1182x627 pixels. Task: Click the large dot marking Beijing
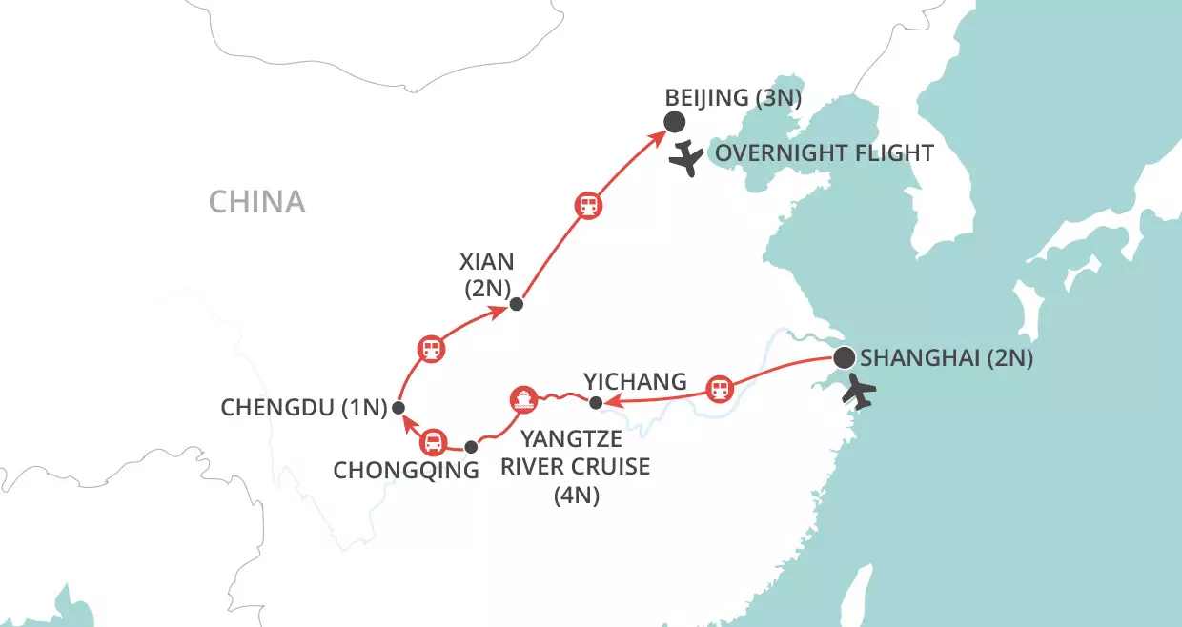tap(674, 122)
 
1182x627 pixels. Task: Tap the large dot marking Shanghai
tap(844, 358)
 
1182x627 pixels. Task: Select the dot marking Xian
tap(516, 305)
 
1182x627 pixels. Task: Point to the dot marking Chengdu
tap(398, 408)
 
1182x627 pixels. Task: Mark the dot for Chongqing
tap(470, 446)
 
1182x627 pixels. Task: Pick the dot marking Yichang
tap(595, 403)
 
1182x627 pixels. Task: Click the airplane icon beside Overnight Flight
tap(685, 157)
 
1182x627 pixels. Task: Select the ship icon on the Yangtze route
tap(522, 398)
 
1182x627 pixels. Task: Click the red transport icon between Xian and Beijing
tap(588, 205)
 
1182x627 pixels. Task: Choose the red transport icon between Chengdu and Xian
tap(431, 349)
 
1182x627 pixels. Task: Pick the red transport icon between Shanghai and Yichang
tap(720, 389)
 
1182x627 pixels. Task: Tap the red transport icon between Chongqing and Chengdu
tap(433, 441)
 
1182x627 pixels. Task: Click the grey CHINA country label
tap(256, 201)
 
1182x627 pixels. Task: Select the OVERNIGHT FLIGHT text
tap(825, 154)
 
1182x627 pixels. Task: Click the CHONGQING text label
tap(406, 470)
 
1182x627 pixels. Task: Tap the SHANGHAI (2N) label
tap(947, 358)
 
